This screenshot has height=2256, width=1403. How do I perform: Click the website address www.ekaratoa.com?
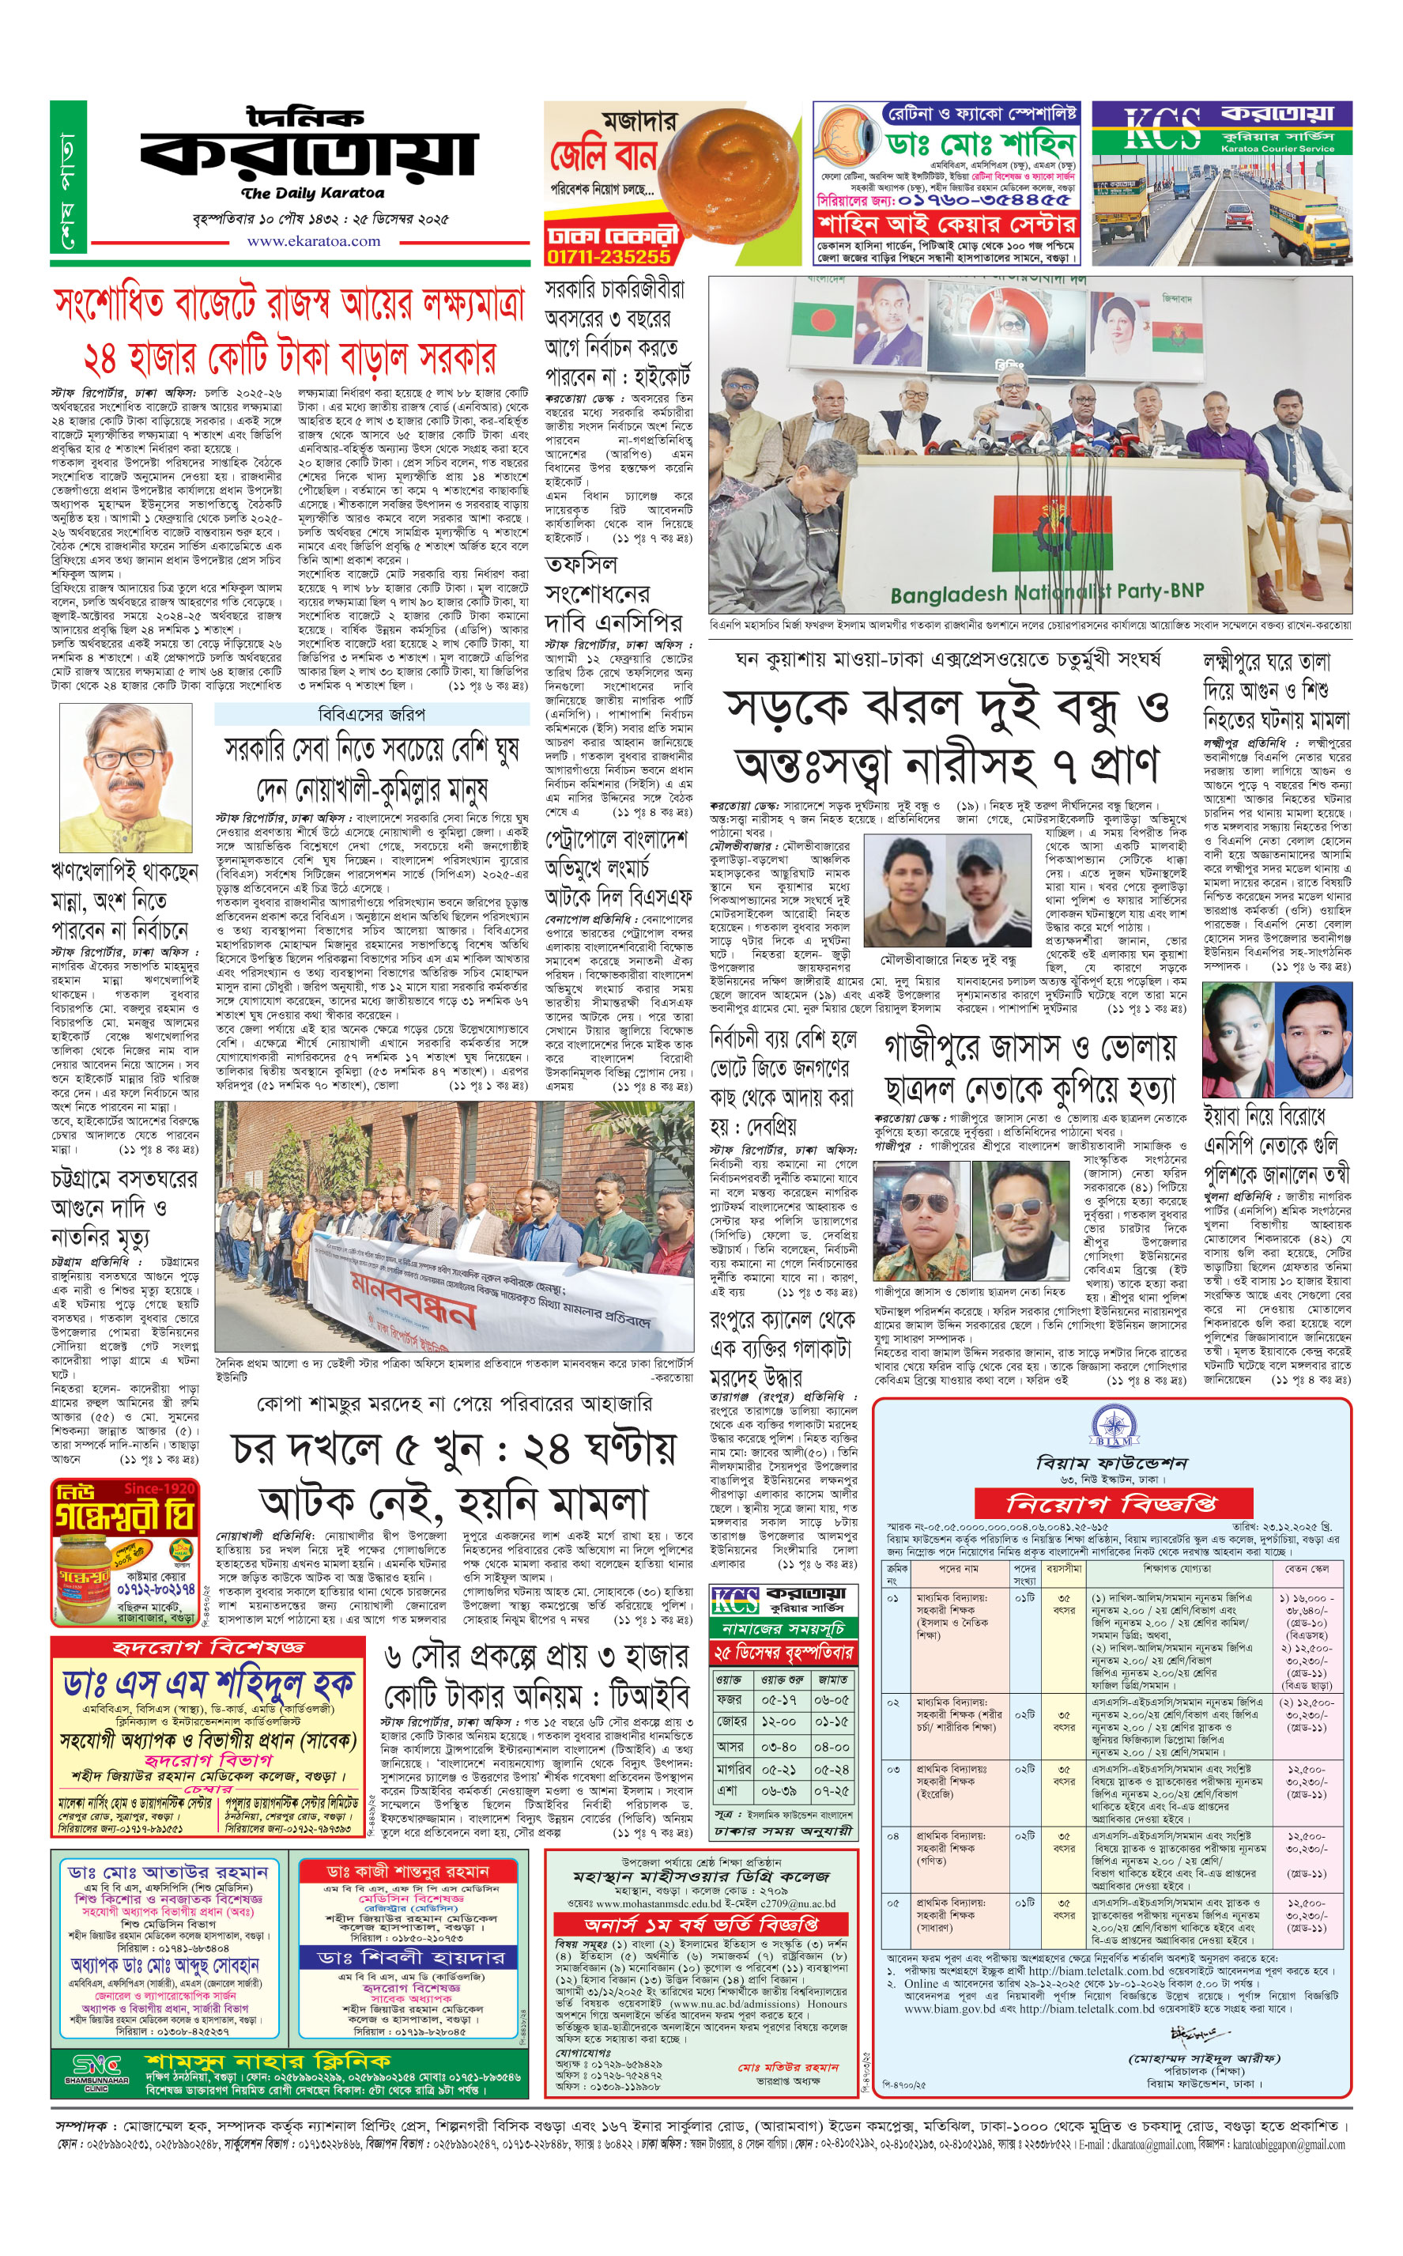[x=313, y=241]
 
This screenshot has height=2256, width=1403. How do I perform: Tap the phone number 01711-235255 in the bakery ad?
[x=608, y=256]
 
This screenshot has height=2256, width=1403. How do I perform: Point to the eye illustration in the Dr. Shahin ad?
[x=848, y=141]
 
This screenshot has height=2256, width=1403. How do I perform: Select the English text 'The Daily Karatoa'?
[x=311, y=194]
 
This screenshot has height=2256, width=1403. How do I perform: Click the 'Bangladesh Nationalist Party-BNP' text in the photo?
[x=1047, y=591]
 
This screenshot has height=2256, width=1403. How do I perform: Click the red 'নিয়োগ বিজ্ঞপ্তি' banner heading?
[x=1111, y=1502]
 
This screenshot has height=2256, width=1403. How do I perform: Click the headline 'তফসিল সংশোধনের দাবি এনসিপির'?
[x=613, y=593]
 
